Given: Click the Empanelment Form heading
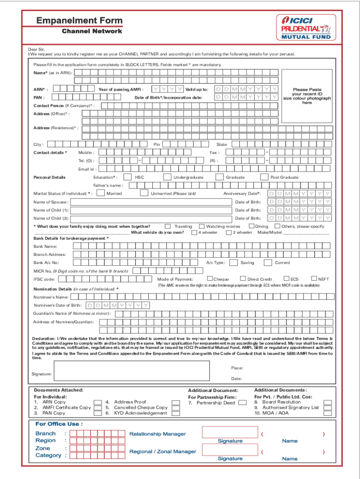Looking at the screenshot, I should tap(79, 21).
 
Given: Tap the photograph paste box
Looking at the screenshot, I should tap(307, 96).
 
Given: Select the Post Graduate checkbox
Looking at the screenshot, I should tap(264, 177).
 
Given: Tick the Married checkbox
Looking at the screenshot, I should tap(101, 193).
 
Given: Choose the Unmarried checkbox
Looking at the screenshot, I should tap(144, 193).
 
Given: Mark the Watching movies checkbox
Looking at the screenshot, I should tap(202, 226).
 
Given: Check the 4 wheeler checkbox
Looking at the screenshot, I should tap(194, 232).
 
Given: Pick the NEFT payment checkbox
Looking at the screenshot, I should tap(314, 279).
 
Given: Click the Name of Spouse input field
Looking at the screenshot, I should tap(151, 202).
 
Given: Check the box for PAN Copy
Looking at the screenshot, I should tap(98, 413).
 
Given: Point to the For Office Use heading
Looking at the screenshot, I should tap(59, 424).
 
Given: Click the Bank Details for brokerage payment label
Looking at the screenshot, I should tap(71, 238).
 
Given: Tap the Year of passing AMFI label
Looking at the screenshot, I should tap(121, 89).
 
